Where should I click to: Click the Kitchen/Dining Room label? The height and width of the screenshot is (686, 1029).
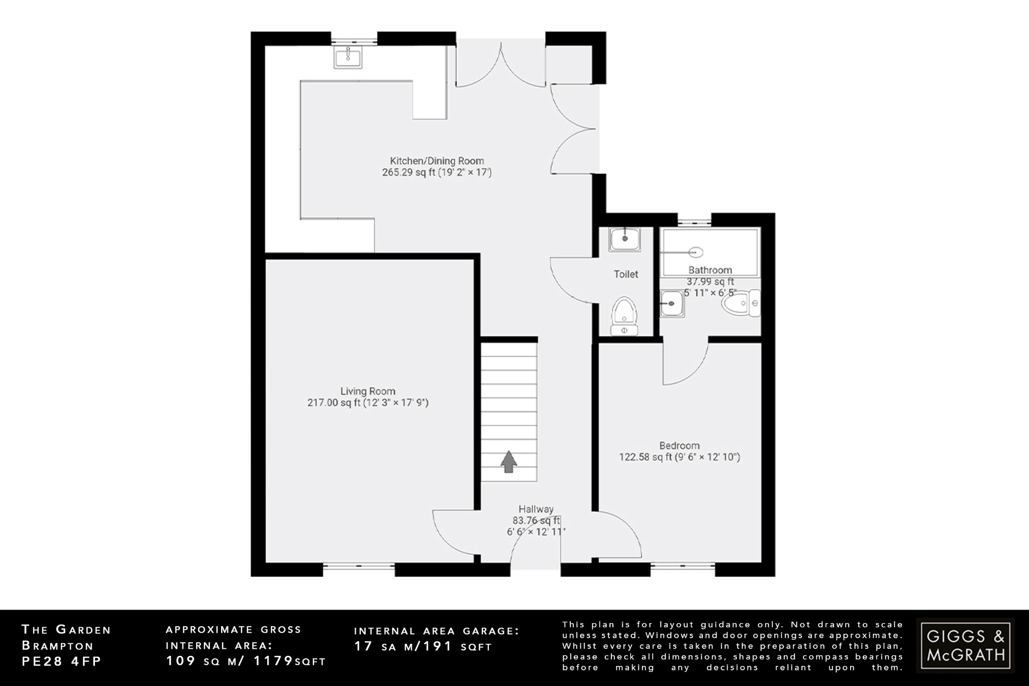[437, 161]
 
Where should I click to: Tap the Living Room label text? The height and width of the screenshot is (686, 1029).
[367, 391]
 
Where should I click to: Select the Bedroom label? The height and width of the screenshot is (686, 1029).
[679, 445]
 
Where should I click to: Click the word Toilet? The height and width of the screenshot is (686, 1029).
[626, 274]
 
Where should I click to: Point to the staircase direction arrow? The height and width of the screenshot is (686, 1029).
[508, 461]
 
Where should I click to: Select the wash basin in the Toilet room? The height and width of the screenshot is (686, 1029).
[625, 239]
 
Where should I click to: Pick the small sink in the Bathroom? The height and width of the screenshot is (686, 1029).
[672, 304]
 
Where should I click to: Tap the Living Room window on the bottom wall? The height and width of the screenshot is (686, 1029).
[358, 566]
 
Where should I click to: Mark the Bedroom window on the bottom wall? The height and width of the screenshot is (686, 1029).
[683, 566]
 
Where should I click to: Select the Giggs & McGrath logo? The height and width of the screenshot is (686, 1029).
[965, 646]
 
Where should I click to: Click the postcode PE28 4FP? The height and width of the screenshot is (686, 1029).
[61, 661]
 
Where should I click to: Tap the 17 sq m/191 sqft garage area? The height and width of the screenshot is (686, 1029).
[423, 647]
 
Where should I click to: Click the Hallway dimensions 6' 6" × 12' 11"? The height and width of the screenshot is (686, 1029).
[536, 532]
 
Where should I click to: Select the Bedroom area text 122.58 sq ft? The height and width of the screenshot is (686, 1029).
[645, 457]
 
